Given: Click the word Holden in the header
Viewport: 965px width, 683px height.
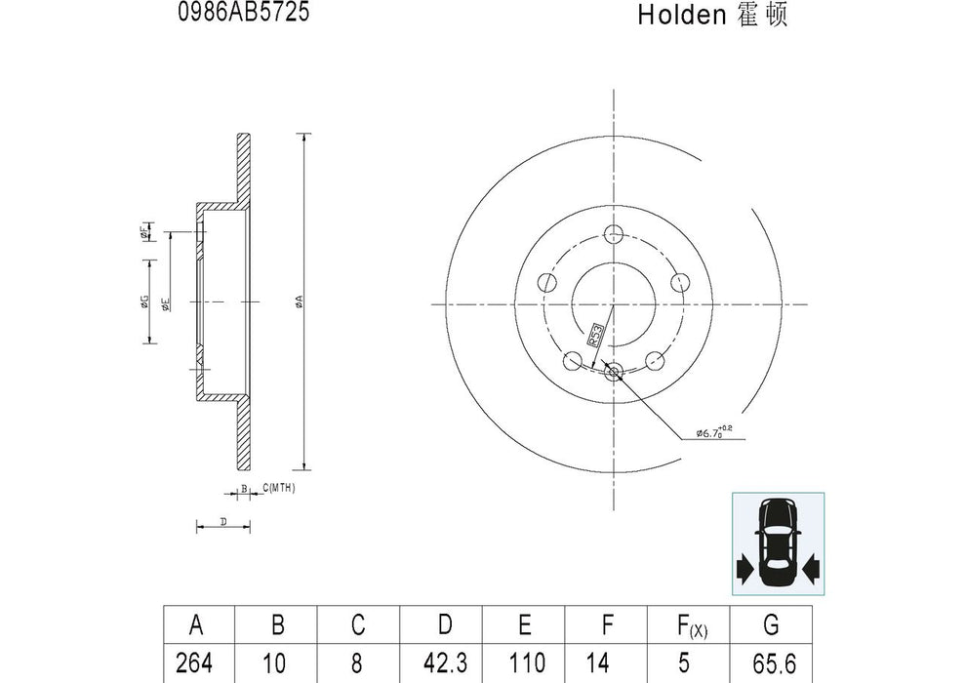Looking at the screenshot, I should point(682,15).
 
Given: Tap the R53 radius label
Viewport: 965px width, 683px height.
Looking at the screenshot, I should point(593,336).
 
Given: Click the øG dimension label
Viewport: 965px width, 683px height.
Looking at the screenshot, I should point(143,302).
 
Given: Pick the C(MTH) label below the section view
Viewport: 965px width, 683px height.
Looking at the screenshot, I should point(279,487).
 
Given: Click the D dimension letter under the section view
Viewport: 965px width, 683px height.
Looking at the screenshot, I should point(223,523).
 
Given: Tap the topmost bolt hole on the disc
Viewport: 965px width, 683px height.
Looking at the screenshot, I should point(614,234).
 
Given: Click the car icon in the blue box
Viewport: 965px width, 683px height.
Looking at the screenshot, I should point(778,542).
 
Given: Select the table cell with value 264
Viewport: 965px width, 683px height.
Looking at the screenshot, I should point(196,663).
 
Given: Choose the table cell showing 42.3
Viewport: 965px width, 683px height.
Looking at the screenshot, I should point(444,663).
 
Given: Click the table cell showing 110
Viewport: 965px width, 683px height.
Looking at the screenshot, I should point(525,663).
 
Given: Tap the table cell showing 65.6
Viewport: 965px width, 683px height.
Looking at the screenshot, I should point(771,663).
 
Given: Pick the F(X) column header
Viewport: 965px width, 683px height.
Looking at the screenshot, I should point(689,624).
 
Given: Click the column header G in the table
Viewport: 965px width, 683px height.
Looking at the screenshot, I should point(771,624).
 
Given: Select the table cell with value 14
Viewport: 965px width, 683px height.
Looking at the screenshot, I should point(607,663).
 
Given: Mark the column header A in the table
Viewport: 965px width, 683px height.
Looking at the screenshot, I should point(196,624).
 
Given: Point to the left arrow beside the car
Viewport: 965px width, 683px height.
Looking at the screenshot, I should point(744,567).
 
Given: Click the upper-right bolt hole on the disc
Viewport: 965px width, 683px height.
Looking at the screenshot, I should point(680,282).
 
